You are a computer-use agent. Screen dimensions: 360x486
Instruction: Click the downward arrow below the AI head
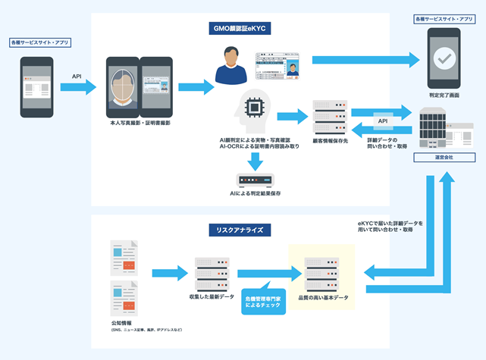(256, 160)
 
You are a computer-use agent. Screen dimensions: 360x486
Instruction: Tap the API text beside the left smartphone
(77, 76)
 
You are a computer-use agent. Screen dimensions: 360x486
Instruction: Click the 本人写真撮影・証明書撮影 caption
(140, 122)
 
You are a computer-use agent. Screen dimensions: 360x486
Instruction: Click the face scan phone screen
(122, 85)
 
